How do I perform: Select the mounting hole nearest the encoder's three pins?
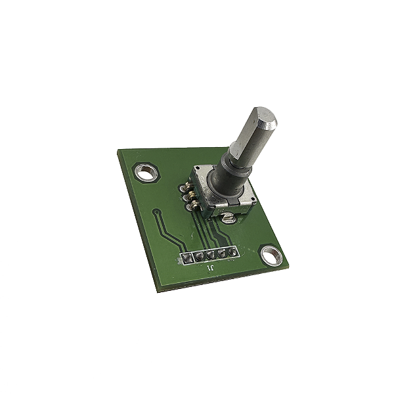(146, 172)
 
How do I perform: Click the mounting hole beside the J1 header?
(271, 256)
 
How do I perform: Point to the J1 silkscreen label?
(210, 268)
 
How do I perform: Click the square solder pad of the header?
(186, 258)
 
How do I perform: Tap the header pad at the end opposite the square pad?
(232, 252)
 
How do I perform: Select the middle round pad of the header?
(211, 255)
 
